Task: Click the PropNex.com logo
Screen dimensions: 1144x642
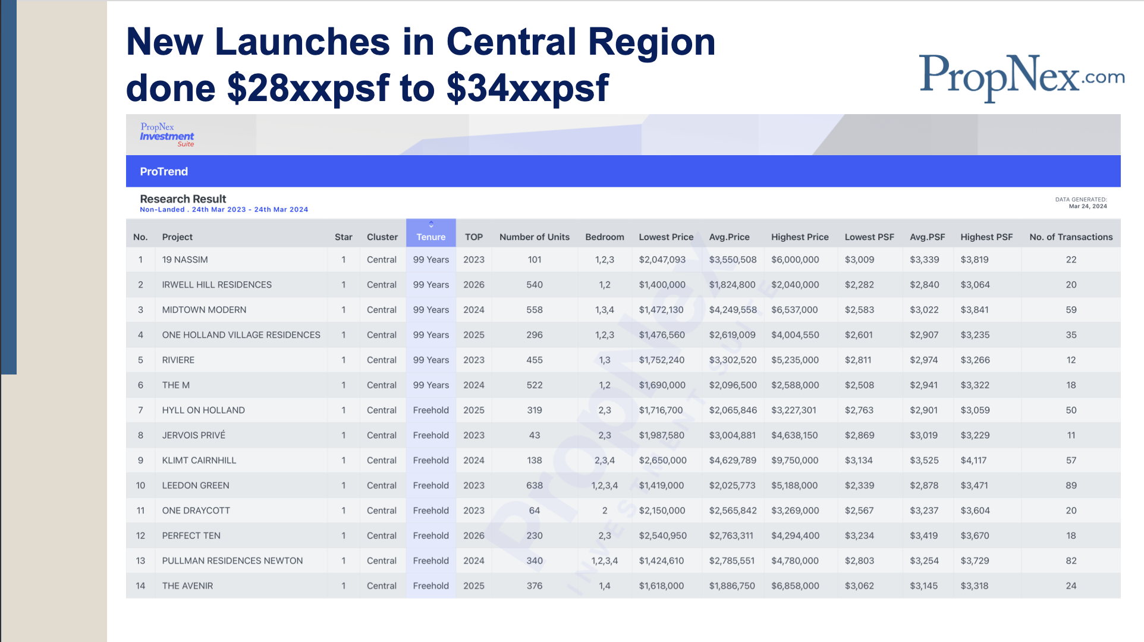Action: [x=1022, y=77]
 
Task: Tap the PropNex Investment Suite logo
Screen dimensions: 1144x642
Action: [x=167, y=135]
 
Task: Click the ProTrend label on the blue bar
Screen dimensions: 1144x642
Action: [x=164, y=172]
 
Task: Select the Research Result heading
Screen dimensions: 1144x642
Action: [x=183, y=199]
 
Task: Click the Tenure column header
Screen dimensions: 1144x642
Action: [x=431, y=237]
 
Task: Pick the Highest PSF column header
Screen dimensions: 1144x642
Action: [x=986, y=237]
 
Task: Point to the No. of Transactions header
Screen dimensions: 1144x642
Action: [x=1071, y=237]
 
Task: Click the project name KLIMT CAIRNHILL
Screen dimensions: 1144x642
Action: [x=199, y=461]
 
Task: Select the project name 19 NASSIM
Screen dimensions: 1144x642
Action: [x=185, y=260]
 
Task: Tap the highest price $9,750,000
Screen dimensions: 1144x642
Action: [x=795, y=461]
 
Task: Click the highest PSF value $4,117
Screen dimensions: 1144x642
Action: [x=974, y=461]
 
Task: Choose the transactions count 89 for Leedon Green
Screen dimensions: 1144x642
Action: [x=1071, y=486]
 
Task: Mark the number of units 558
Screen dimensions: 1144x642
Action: [x=535, y=310]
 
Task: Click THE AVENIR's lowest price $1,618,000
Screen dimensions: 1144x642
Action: [x=661, y=586]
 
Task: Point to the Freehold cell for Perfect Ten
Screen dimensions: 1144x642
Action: [x=431, y=536]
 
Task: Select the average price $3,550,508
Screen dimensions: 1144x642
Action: [x=733, y=260]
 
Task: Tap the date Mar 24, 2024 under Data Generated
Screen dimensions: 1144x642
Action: [x=1088, y=206]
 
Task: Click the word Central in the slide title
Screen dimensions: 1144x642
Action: [x=511, y=42]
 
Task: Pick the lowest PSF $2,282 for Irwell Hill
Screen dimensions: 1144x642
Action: [x=859, y=285]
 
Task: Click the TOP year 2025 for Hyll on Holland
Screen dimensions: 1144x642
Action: [x=474, y=410]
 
